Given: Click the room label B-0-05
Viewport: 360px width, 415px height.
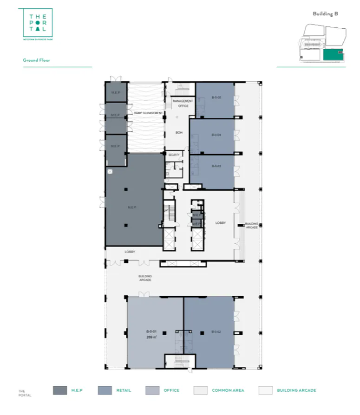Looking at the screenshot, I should [x=216, y=97].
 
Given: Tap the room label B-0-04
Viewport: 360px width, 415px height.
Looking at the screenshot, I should [x=216, y=135].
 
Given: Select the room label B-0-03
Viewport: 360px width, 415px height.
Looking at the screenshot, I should [x=216, y=166].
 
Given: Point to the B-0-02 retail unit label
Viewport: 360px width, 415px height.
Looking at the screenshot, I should [x=216, y=332].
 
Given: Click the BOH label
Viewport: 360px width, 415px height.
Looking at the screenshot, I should [x=178, y=133].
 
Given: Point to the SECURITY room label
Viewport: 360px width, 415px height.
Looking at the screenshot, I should [x=174, y=155].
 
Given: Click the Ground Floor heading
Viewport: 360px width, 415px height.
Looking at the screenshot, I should [x=36, y=60].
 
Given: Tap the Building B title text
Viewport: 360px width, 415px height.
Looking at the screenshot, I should [x=325, y=14].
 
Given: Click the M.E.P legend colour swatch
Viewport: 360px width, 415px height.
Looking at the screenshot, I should [x=60, y=390].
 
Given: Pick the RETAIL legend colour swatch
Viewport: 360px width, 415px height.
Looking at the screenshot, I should [x=105, y=390].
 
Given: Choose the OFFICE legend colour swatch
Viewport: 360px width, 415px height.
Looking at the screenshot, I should [x=152, y=390].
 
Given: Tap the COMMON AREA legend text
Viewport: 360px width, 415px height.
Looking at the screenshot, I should [x=228, y=390].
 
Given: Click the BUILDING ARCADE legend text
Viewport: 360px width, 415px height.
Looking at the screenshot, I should [x=296, y=390].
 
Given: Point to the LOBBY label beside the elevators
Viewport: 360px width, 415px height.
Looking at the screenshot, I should [x=220, y=223].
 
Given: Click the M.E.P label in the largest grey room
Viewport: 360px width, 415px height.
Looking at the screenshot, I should [x=132, y=207].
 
